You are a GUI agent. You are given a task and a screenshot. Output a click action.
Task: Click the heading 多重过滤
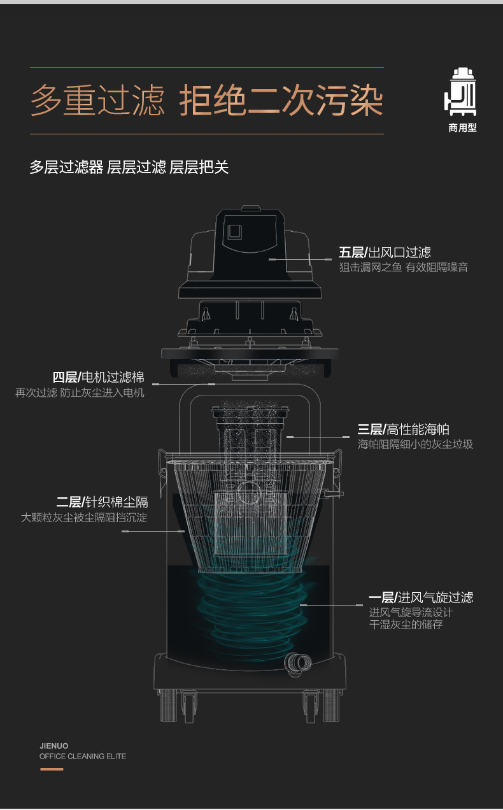[97, 101]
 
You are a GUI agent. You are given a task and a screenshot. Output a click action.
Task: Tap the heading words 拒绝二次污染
[281, 101]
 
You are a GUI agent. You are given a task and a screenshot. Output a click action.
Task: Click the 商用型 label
[462, 127]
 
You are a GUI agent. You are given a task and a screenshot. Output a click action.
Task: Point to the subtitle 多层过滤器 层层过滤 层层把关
[129, 167]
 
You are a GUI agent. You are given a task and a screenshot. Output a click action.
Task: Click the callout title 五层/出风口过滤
[385, 252]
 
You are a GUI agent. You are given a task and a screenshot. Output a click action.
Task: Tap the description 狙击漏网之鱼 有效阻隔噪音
[403, 267]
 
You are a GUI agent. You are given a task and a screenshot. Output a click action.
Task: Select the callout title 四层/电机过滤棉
[98, 377]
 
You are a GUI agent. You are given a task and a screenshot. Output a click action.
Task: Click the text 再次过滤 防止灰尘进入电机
[80, 393]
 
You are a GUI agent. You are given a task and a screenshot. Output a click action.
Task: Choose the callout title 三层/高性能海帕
[403, 429]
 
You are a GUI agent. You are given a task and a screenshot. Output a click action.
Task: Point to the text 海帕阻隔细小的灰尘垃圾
[415, 444]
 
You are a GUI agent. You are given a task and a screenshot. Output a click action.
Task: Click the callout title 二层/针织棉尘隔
[102, 502]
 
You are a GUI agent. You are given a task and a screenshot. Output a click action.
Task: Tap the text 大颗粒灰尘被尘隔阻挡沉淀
[84, 518]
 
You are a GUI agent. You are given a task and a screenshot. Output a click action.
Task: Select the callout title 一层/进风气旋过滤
[421, 597]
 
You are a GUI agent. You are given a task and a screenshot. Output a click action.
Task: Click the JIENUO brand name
[53, 746]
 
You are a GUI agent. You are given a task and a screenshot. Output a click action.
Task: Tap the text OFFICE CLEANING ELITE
[83, 757]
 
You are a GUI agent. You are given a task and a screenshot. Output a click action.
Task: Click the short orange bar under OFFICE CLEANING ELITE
[52, 769]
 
